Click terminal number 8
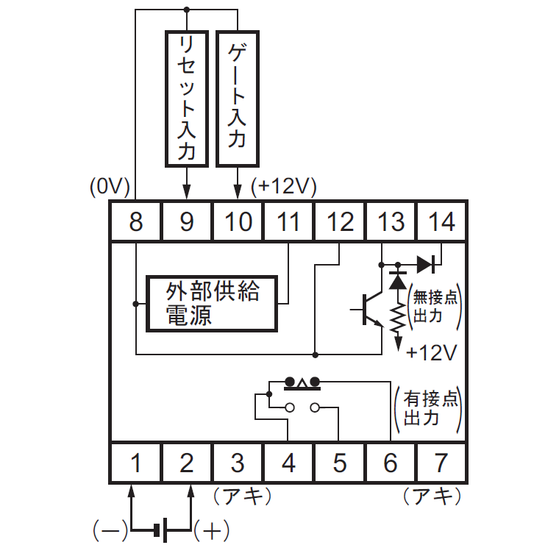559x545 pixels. tap(136, 221)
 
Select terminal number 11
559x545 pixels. tap(288, 221)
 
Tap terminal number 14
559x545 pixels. tap(441, 221)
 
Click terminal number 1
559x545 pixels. tap(136, 463)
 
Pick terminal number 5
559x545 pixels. tap(339, 463)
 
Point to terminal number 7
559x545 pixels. tap(441, 463)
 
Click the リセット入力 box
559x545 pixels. tap(187, 99)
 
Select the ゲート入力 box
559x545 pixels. tap(238, 99)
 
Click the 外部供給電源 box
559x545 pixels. tap(212, 304)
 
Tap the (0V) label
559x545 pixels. tap(110, 187)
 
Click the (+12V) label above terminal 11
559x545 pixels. tap(284, 187)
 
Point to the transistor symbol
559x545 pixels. tap(367, 309)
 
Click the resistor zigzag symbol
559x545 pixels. tap(398, 318)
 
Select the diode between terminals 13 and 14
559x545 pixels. tap(426, 265)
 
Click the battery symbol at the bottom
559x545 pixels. tap(161, 530)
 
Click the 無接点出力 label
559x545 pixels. tap(435, 307)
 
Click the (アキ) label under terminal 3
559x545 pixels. tap(243, 496)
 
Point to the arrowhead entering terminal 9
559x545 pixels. tap(187, 192)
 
